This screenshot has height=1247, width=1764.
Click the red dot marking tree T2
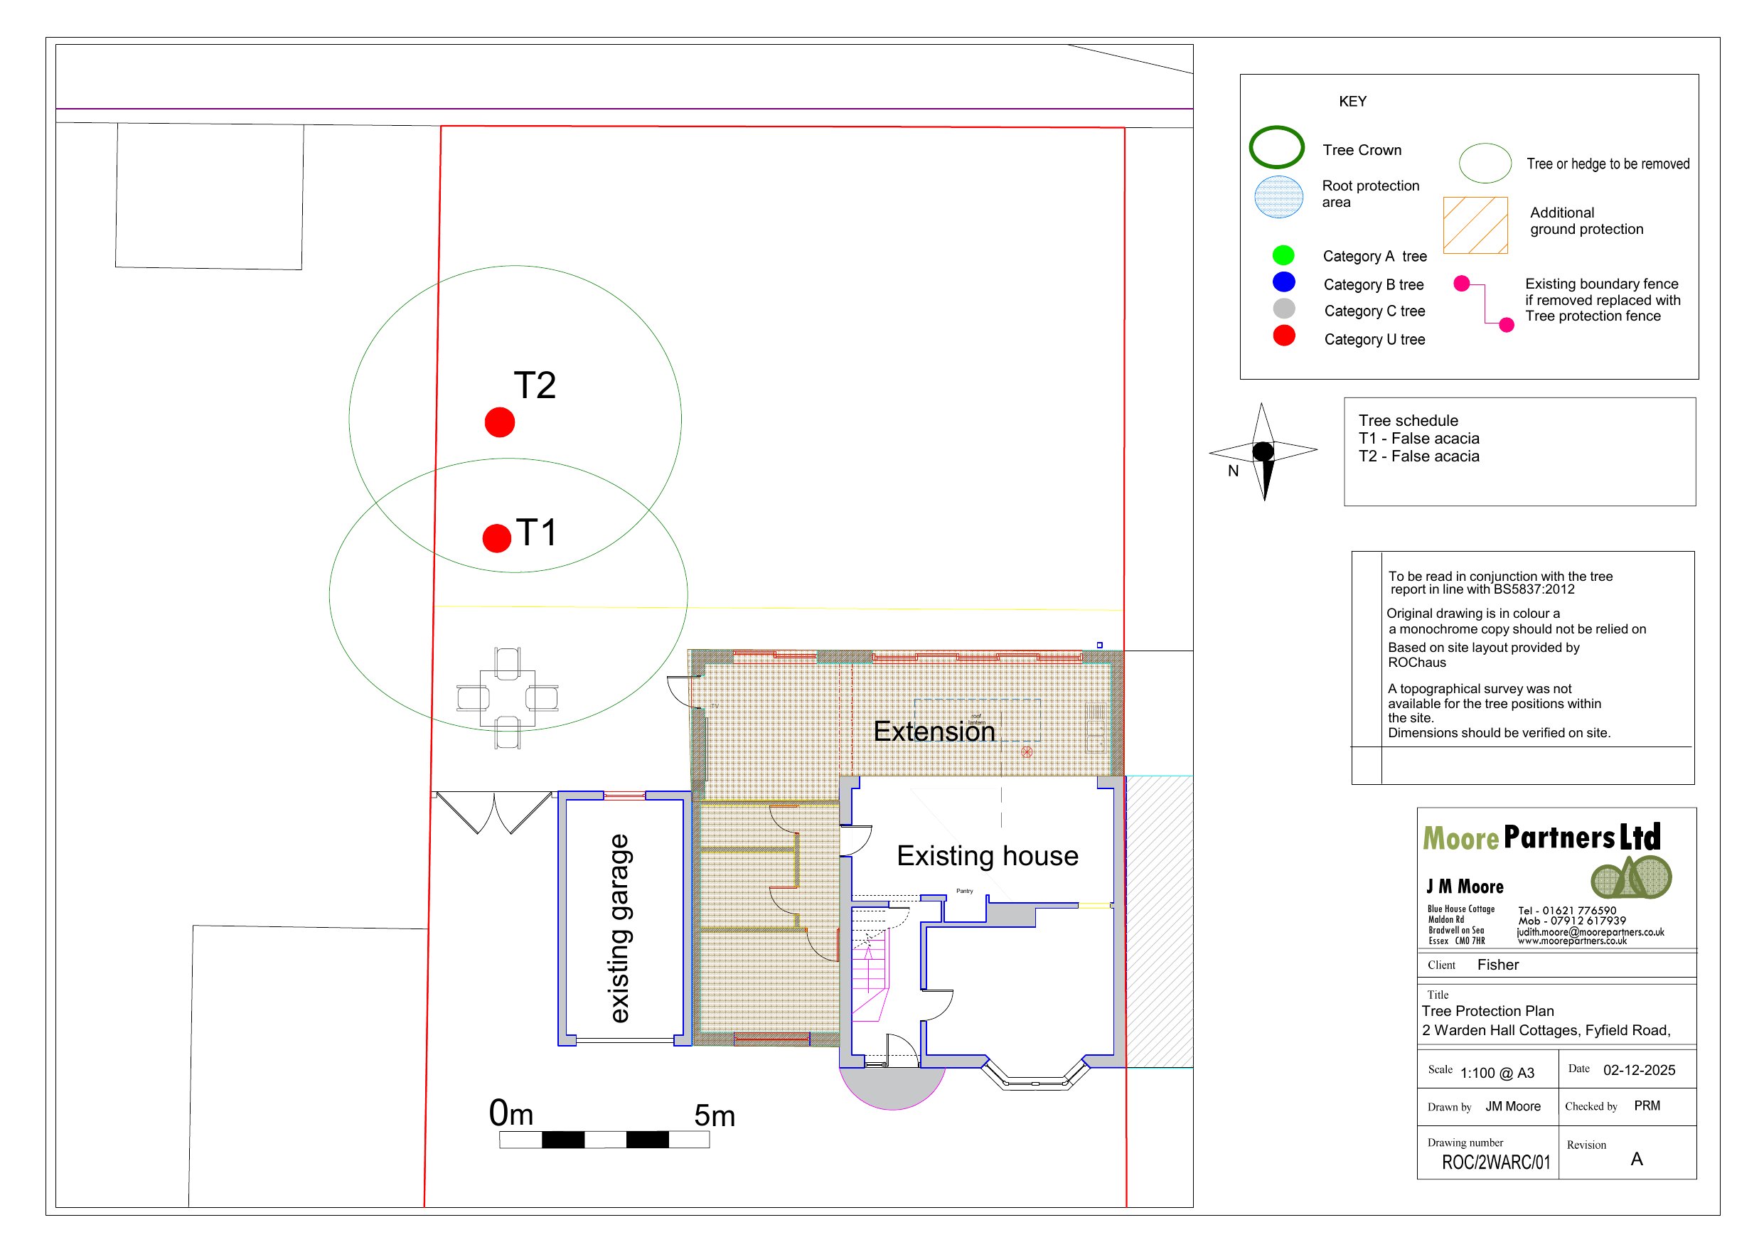pos(499,422)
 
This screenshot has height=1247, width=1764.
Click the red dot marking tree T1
pos(496,538)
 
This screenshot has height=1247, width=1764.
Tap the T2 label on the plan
pos(534,385)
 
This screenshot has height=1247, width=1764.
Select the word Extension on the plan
pos(934,732)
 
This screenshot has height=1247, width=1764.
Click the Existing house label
pos(988,856)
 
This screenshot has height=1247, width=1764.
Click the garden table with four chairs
pos(507,697)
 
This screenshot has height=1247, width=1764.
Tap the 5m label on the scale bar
pos(715,1115)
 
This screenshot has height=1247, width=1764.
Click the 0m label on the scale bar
pos(511,1113)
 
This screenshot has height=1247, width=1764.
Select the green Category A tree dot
pos(1283,255)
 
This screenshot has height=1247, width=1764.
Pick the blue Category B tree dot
pos(1283,282)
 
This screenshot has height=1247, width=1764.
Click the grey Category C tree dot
pos(1283,309)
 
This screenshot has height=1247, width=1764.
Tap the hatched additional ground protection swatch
pos(1475,225)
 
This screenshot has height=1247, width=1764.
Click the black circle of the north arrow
pos(1263,451)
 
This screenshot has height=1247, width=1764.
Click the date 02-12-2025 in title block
pos(1639,1070)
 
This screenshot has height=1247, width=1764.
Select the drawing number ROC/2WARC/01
pos(1495,1162)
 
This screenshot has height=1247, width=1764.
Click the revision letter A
pos(1637,1160)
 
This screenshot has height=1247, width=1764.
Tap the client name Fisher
pos(1497,965)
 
